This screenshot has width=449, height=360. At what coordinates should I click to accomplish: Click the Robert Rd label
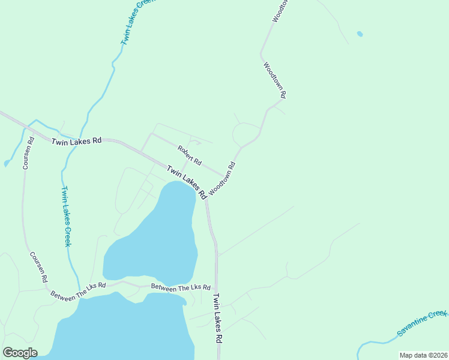click(189, 155)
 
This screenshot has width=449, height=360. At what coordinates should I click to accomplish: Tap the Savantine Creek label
click(423, 323)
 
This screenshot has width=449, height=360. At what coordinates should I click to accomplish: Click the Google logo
click(20, 352)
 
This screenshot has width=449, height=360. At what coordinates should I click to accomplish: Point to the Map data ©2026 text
click(423, 355)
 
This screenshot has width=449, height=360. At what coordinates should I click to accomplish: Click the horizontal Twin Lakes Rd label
click(76, 142)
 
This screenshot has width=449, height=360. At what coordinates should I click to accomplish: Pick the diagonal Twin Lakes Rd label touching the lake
click(187, 182)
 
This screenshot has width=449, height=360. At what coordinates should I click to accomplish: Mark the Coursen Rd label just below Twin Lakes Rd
click(28, 154)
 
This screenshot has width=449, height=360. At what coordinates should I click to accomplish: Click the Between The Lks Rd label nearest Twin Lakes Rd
click(181, 289)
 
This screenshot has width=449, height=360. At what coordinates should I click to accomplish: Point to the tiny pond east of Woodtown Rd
click(360, 34)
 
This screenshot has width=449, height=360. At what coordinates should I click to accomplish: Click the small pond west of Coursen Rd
click(7, 163)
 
